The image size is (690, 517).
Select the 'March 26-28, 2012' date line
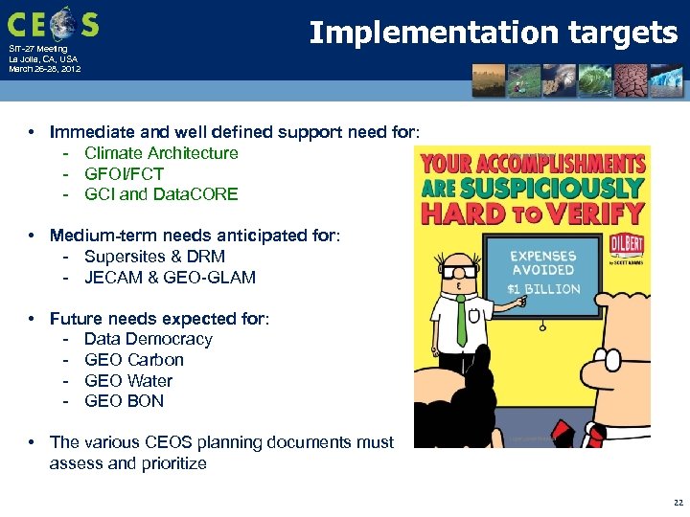(44, 70)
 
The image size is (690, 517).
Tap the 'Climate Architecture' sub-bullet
(161, 153)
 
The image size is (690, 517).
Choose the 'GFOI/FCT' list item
(124, 174)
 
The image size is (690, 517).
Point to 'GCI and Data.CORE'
(161, 194)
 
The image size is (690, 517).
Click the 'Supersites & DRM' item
(154, 257)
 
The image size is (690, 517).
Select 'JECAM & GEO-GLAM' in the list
(170, 278)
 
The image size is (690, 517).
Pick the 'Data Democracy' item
(149, 339)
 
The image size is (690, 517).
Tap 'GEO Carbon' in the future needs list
(134, 360)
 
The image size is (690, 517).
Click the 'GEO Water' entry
(128, 381)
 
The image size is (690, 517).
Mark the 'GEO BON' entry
(124, 401)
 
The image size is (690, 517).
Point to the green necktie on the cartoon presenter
(461, 321)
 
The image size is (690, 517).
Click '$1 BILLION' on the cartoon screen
(543, 288)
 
